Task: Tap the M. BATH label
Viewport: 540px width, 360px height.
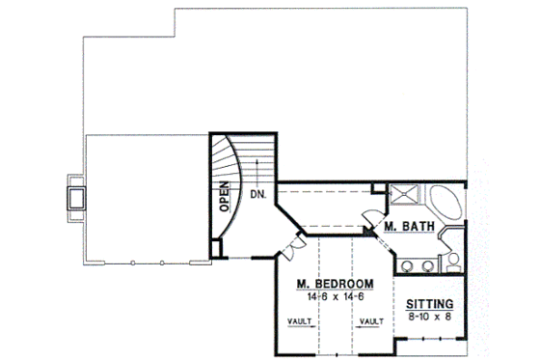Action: pos(407,228)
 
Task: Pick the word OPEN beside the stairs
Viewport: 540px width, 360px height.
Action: pos(223,197)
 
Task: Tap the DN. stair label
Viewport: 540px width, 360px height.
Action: pos(257,194)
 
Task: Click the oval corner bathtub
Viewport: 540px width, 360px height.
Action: pos(445,204)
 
